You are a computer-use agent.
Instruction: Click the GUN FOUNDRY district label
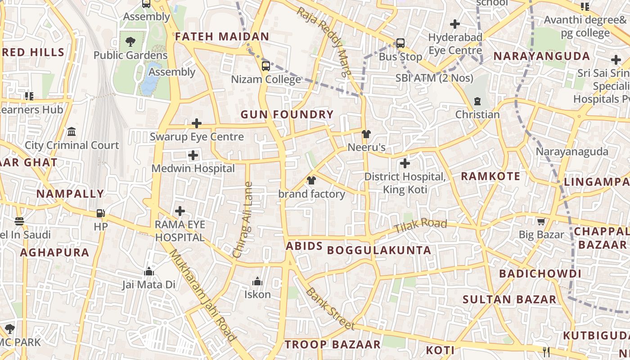[287, 115]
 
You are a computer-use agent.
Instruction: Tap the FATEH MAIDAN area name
[222, 37]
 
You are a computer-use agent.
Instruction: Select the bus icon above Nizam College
[265, 66]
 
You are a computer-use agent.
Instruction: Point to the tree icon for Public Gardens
[130, 42]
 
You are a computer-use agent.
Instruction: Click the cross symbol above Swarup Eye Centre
[196, 123]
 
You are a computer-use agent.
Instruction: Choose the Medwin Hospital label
[193, 169]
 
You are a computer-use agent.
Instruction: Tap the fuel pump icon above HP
[101, 213]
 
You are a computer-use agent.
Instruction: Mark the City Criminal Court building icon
[72, 132]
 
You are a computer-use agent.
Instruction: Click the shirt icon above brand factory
[311, 181]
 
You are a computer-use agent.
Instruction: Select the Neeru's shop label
[367, 148]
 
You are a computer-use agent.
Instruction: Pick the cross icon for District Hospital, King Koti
[405, 163]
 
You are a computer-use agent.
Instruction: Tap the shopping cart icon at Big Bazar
[541, 221]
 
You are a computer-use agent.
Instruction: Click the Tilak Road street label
[420, 226]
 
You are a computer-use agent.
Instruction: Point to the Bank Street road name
[330, 309]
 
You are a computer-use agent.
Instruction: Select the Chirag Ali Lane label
[243, 220]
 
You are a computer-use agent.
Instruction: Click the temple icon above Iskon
[257, 281]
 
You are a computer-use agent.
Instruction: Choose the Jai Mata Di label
[148, 285]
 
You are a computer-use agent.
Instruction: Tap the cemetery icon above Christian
[477, 101]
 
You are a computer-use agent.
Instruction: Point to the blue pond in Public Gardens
[150, 79]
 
